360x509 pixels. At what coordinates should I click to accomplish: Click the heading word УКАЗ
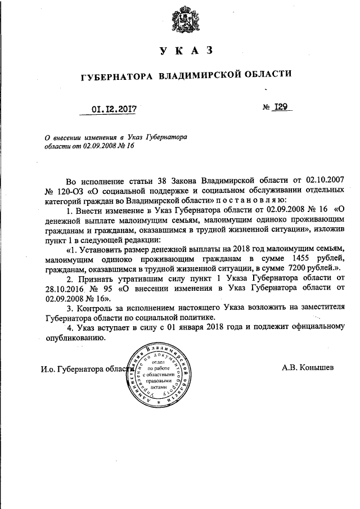(x=186, y=51)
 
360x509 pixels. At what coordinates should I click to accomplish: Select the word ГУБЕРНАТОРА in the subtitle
(x=116, y=74)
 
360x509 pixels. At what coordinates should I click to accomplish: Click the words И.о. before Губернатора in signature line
(x=48, y=369)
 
